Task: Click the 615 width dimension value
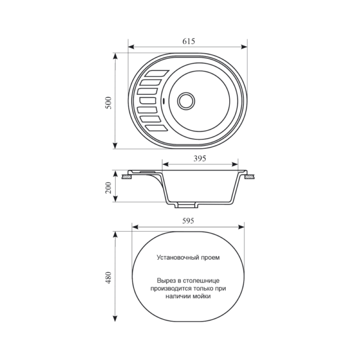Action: [x=189, y=41]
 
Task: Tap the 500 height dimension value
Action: [x=109, y=103]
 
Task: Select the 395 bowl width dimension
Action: [x=200, y=158]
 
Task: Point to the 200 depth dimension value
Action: [x=109, y=188]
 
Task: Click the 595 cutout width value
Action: [x=188, y=221]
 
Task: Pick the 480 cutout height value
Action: [x=109, y=277]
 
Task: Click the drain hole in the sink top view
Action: [x=186, y=101]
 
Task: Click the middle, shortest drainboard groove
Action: [x=148, y=101]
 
